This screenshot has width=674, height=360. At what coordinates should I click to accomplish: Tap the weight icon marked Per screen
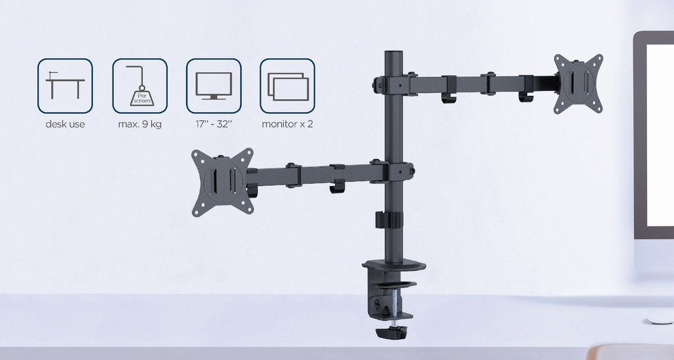point(140,85)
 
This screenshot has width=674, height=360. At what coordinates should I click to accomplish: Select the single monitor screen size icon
point(214,85)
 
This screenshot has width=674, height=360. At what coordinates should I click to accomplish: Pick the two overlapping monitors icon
point(288,85)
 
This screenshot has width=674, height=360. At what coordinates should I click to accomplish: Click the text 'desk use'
point(65,125)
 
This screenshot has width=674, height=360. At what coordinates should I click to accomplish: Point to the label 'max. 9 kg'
point(140,125)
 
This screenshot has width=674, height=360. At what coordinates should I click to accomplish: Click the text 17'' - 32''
point(214,125)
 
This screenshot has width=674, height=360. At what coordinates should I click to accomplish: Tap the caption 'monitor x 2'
point(288,125)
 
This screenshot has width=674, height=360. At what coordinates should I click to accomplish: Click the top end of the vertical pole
point(390,54)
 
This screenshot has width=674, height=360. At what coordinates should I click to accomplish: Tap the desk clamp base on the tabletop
point(390,265)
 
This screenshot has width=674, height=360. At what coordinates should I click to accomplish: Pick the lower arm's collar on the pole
point(393,170)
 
